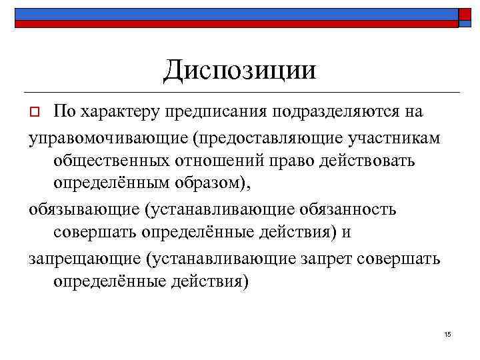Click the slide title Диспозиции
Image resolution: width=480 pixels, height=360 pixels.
(240, 69)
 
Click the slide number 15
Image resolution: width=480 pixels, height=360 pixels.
(447, 334)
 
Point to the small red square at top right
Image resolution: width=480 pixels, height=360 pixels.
(465, 15)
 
